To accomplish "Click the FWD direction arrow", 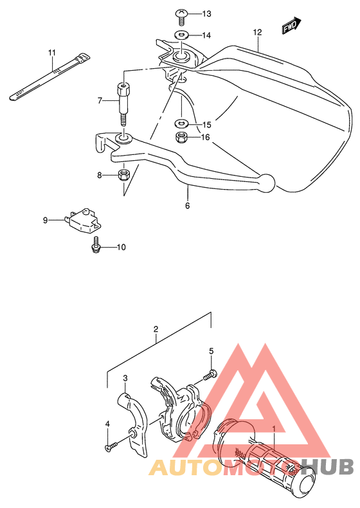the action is (x=291, y=26).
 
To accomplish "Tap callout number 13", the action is (x=206, y=14).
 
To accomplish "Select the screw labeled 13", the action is (x=181, y=17).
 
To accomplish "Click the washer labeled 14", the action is (x=181, y=34).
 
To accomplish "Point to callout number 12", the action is (x=257, y=32).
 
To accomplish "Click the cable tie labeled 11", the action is (x=50, y=77).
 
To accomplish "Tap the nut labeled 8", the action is (x=123, y=175).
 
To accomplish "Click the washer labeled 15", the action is (x=181, y=123).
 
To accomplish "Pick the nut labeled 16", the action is (x=181, y=138).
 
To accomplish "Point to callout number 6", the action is (x=188, y=206).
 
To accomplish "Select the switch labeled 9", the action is (x=84, y=221).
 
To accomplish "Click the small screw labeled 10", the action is (x=96, y=245).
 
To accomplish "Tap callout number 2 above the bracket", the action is (x=156, y=329).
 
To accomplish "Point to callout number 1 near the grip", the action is (x=274, y=429).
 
